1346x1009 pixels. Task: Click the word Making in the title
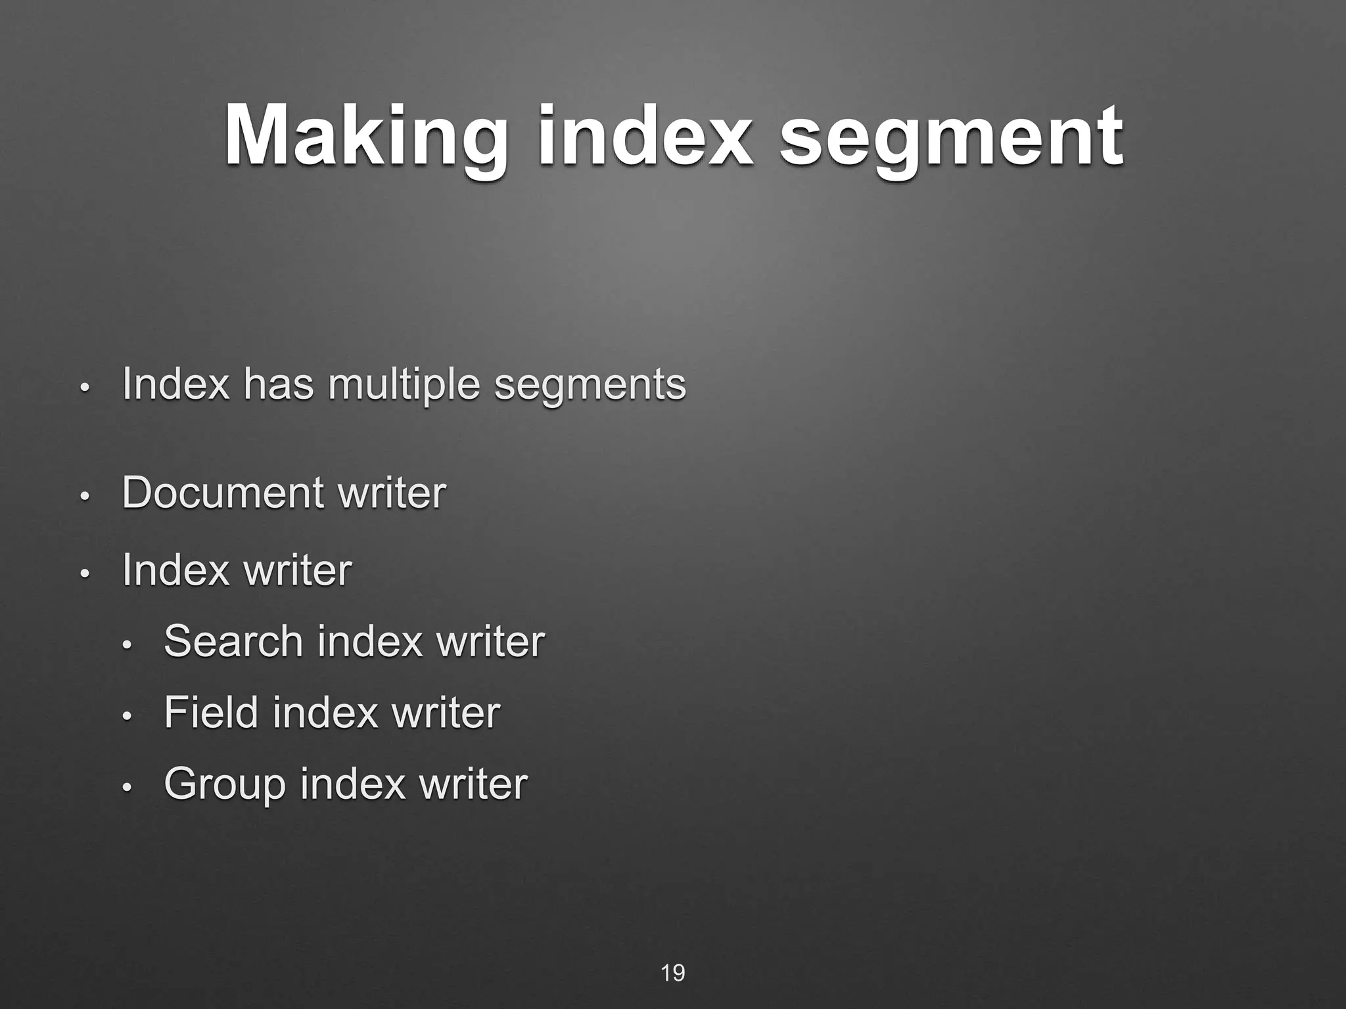point(365,137)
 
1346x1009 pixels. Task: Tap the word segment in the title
point(951,137)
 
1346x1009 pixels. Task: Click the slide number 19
point(672,973)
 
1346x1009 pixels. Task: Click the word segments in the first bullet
point(590,386)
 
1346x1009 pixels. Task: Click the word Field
point(211,712)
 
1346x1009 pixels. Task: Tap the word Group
point(225,784)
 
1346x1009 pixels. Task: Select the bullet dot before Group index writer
point(128,787)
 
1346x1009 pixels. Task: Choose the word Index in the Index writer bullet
point(175,570)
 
